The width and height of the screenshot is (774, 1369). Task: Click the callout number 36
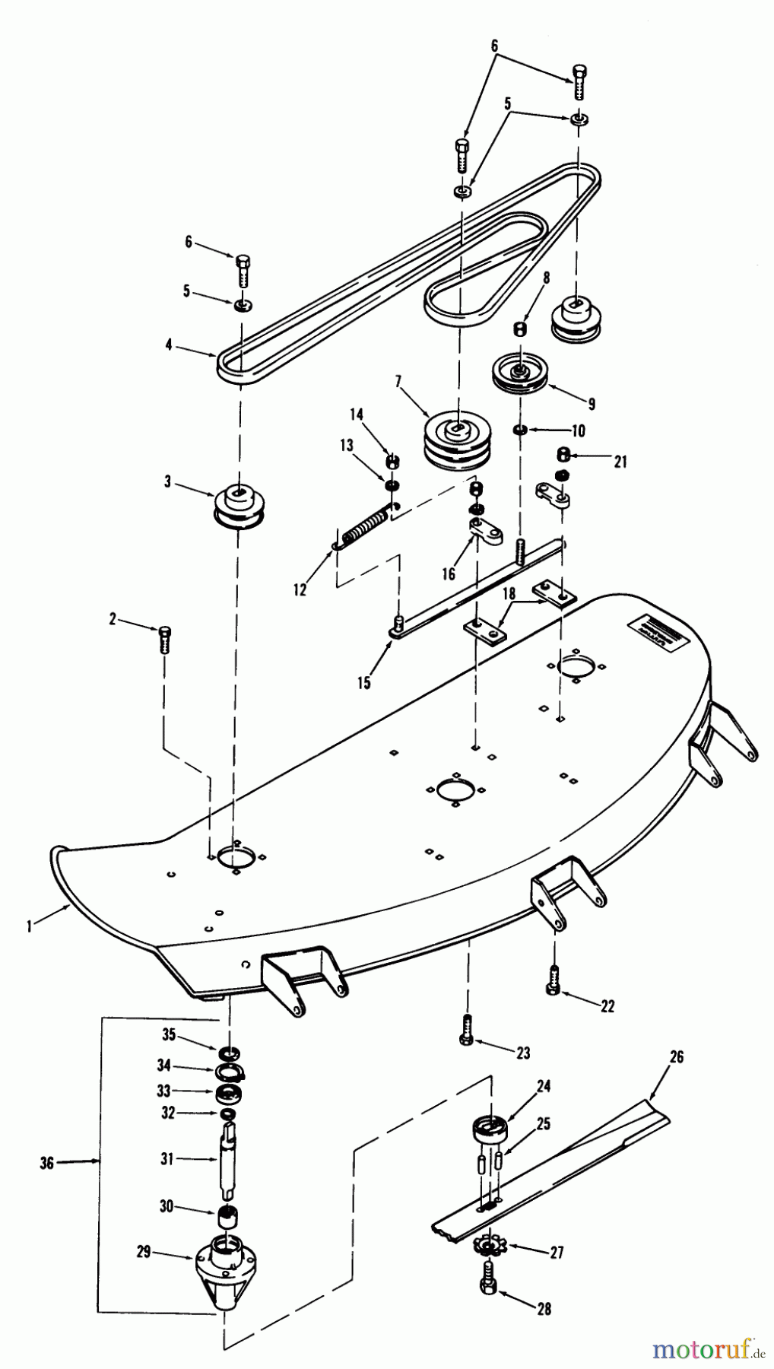click(46, 1161)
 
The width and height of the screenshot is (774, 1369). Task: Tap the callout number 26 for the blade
click(677, 1056)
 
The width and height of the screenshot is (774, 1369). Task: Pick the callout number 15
click(364, 682)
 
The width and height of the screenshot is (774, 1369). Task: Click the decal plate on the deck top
click(652, 628)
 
